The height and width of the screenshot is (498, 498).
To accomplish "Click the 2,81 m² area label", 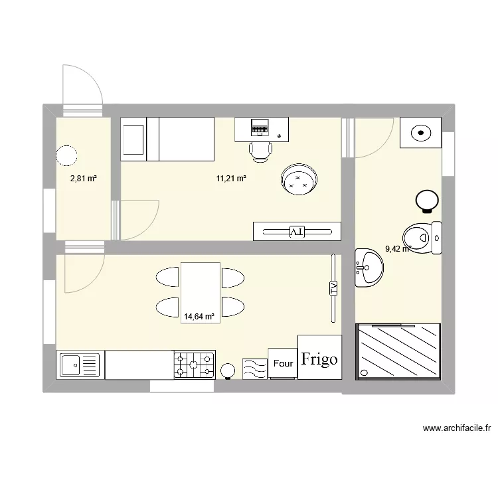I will pyautogui.click(x=84, y=179).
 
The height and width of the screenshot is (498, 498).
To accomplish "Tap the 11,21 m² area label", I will pyautogui.click(x=231, y=179).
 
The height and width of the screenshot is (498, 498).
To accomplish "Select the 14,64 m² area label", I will pyautogui.click(x=200, y=317).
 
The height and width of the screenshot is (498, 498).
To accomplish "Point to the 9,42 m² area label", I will pyautogui.click(x=398, y=250).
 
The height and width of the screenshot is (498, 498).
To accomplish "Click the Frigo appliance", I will pyautogui.click(x=319, y=359).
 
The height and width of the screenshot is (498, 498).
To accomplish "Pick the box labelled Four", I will pyautogui.click(x=283, y=363).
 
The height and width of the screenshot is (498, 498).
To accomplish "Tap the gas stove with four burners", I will pyautogui.click(x=194, y=365).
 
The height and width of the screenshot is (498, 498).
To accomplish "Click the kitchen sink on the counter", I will pyautogui.click(x=79, y=365).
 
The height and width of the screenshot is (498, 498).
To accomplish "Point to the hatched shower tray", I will pyautogui.click(x=398, y=352).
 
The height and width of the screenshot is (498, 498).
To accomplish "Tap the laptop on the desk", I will pyautogui.click(x=260, y=127).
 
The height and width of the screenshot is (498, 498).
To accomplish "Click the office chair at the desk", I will pyautogui.click(x=261, y=151).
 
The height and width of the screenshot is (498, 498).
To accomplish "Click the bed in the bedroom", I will pyautogui.click(x=167, y=139).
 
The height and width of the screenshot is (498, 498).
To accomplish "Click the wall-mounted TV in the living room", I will pyautogui.click(x=333, y=289).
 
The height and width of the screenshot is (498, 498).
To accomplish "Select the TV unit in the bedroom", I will pyautogui.click(x=296, y=231).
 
